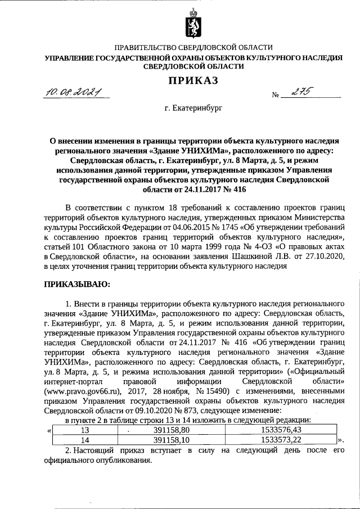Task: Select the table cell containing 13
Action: click(x=85, y=430)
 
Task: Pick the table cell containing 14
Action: click(x=85, y=439)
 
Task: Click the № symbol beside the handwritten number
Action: click(x=276, y=95)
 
